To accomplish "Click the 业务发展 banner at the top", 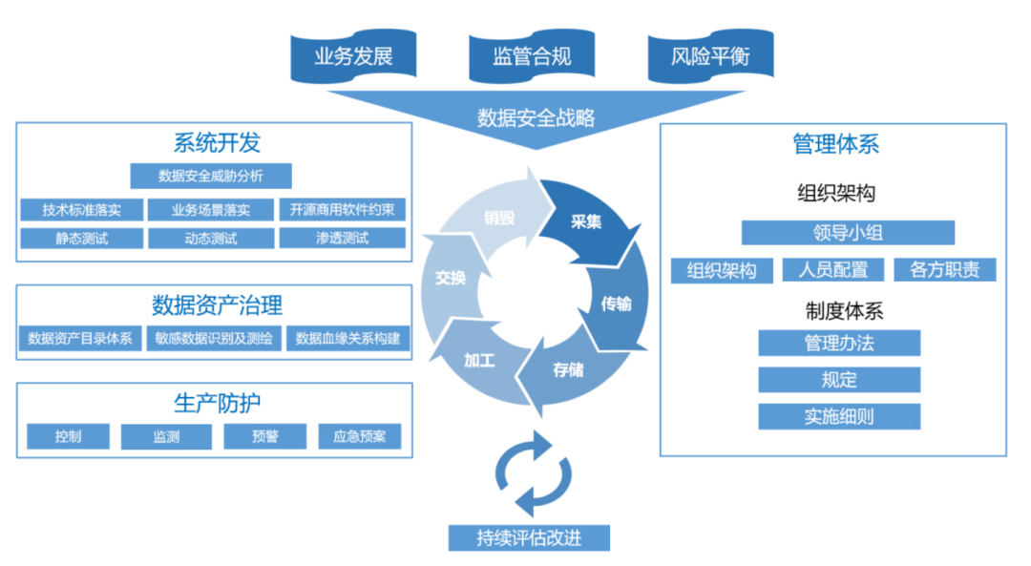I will click(x=354, y=55).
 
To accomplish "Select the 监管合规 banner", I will click(x=532, y=55).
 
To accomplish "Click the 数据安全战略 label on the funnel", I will click(x=536, y=117).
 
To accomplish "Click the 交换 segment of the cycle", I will click(x=450, y=278).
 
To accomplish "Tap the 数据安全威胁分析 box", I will click(x=211, y=176).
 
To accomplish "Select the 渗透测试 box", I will click(x=342, y=238).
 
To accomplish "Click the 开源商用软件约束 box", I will click(x=342, y=210).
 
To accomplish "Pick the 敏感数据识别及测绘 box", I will click(x=214, y=338).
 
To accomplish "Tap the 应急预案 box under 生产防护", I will click(x=360, y=437).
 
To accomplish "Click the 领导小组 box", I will click(x=847, y=232).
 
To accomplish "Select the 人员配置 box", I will click(x=832, y=270).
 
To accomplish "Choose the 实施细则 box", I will click(x=839, y=416).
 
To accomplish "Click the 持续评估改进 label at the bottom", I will click(x=529, y=537).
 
